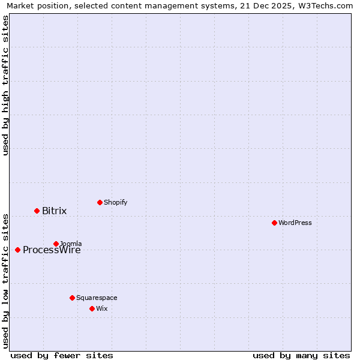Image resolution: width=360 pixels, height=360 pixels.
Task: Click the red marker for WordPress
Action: coord(274,223)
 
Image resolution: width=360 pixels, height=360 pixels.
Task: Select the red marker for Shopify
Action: coord(100,202)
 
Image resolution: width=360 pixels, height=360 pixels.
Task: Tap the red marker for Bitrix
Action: coord(37,211)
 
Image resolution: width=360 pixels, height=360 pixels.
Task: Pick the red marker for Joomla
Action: coord(56,244)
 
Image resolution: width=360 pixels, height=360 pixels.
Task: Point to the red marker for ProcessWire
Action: coord(17,250)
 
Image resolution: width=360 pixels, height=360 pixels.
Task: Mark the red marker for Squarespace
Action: coord(72,298)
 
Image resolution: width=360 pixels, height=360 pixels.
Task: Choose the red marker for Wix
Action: coord(92,308)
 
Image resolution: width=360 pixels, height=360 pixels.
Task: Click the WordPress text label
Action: coord(295,223)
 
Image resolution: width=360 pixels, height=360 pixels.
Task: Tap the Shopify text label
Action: coord(116,202)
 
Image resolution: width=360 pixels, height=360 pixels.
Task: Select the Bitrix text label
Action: coord(55,211)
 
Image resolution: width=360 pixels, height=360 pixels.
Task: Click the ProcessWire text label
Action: coord(52,250)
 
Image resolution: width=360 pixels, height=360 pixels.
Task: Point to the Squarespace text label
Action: coord(97,298)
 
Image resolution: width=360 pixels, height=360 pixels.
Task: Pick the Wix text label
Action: coord(101,308)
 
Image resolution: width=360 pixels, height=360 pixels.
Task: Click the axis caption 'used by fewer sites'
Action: coord(62,355)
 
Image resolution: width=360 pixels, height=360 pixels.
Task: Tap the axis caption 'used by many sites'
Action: coord(301,355)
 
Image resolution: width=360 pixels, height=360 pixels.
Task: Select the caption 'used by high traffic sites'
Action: coord(5,85)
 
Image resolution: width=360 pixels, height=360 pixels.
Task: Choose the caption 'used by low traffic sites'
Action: coord(5,280)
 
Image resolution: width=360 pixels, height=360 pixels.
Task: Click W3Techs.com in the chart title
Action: coord(329,5)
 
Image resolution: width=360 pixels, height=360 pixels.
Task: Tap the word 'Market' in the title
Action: coord(20,5)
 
